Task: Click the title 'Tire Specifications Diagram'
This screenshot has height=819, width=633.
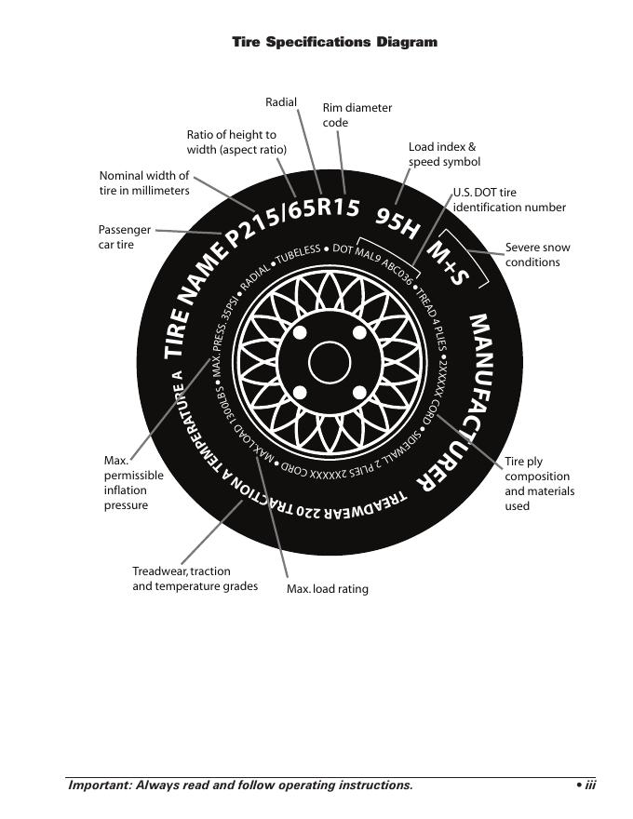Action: coord(334,42)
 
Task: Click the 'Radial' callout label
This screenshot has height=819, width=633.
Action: coord(280,101)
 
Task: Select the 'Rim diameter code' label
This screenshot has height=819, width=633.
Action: coord(357,115)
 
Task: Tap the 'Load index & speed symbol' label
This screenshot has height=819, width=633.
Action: coord(444,154)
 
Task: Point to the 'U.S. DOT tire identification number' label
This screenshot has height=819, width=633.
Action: coord(509,200)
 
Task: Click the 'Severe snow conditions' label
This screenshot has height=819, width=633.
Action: coord(537,255)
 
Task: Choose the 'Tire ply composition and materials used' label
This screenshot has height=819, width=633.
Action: coord(539,484)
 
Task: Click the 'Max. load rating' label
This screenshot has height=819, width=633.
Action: coord(327,589)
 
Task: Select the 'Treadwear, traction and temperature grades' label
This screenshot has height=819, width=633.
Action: coord(195,579)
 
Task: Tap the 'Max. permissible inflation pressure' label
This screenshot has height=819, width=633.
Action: coord(133,483)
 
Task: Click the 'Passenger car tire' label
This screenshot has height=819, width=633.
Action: coord(124,237)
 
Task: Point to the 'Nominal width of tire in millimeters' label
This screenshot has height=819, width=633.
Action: coord(144,182)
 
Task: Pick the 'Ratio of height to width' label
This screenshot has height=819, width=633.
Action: coord(236,142)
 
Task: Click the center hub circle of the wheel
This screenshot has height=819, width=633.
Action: coord(328,363)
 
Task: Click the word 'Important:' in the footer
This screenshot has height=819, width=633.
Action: coord(99,785)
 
